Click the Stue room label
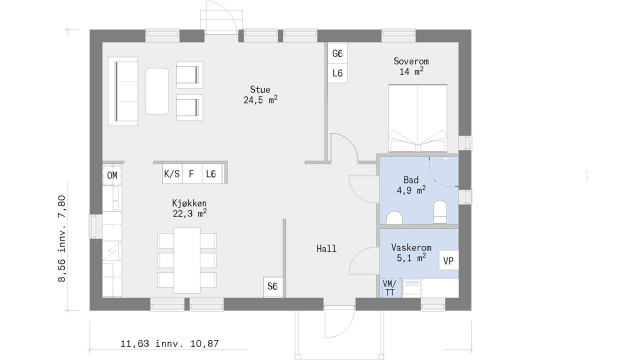point(260,95)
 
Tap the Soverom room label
point(411,66)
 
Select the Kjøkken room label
point(189,208)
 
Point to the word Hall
point(326,248)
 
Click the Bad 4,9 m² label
point(411,185)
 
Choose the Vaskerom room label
point(411,252)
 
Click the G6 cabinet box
point(337,53)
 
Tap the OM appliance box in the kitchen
point(112,175)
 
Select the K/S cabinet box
point(172,173)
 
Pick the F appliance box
point(191,173)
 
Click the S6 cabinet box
point(273,286)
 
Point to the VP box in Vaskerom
point(448,260)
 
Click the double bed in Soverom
point(417,118)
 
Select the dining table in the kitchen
point(187,260)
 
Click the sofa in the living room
point(123,91)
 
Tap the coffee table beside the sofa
point(157,91)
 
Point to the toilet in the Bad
point(440,211)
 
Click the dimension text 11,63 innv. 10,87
point(169,343)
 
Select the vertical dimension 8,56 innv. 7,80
point(62,238)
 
